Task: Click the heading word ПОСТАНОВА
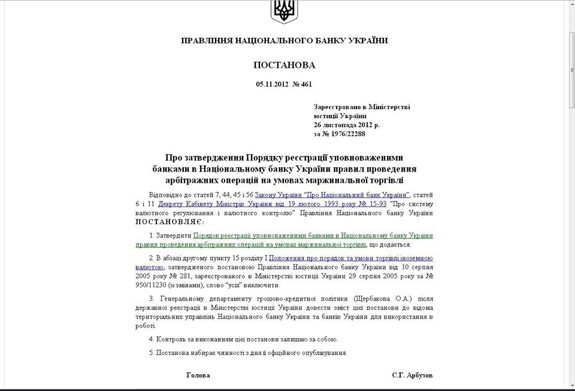[284, 65]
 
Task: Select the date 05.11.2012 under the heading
[272, 85]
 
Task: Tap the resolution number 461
[306, 85]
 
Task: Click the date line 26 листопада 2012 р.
[346, 125]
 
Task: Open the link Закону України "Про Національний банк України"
[332, 195]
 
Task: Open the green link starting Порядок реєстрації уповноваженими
[313, 236]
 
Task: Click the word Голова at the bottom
[198, 375]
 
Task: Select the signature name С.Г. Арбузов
[412, 375]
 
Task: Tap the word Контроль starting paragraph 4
[175, 339]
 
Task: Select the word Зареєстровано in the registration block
[338, 107]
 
